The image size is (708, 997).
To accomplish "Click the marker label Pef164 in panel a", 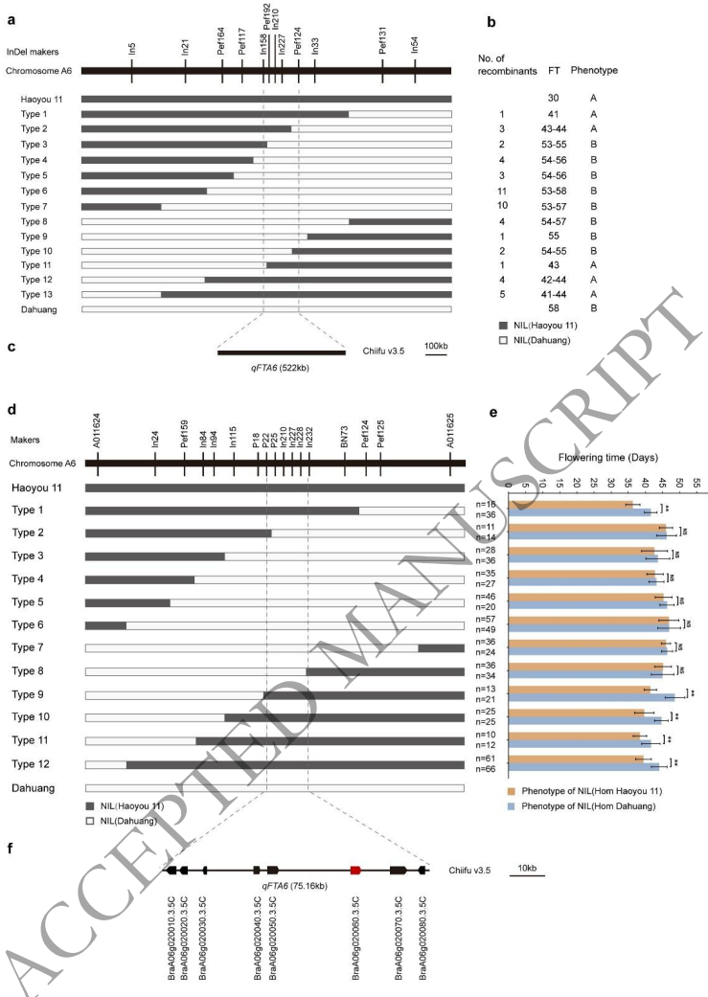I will [221, 48].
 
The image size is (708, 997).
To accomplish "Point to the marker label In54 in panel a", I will [415, 49].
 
